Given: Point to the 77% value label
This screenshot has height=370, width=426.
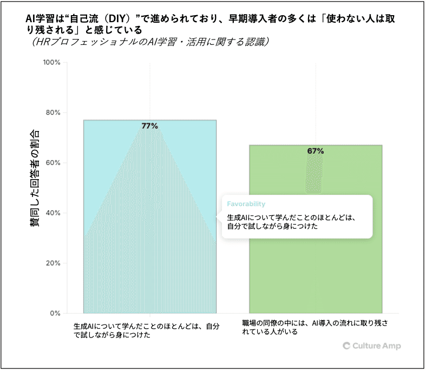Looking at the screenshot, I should coord(150,126).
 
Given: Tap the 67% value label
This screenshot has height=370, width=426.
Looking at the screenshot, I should coord(316,151).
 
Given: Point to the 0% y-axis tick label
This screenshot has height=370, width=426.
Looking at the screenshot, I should coord(55,313).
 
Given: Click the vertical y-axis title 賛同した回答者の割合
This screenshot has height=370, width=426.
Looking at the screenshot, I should coord(35,179).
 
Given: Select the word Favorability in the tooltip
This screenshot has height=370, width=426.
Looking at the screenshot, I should coord(246,204).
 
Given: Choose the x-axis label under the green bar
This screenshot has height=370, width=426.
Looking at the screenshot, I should coord(315,327).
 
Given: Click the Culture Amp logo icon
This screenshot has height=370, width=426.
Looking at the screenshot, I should coord(346,346).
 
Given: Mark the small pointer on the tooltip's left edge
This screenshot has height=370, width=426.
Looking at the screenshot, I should coord(218,217).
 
